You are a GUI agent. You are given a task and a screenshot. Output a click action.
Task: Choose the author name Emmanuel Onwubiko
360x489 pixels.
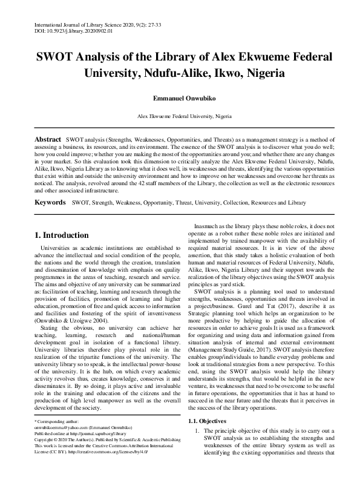179,97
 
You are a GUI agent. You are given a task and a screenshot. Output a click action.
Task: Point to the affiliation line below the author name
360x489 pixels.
180,115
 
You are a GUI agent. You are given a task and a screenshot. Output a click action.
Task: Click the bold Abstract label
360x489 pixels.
47,139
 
